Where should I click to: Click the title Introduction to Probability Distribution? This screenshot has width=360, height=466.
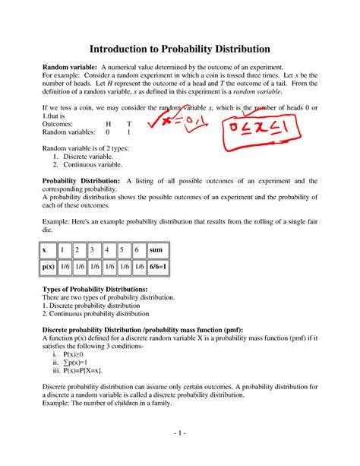179,48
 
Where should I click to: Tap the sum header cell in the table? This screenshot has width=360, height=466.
157,250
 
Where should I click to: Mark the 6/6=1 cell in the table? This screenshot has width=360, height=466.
157,268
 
